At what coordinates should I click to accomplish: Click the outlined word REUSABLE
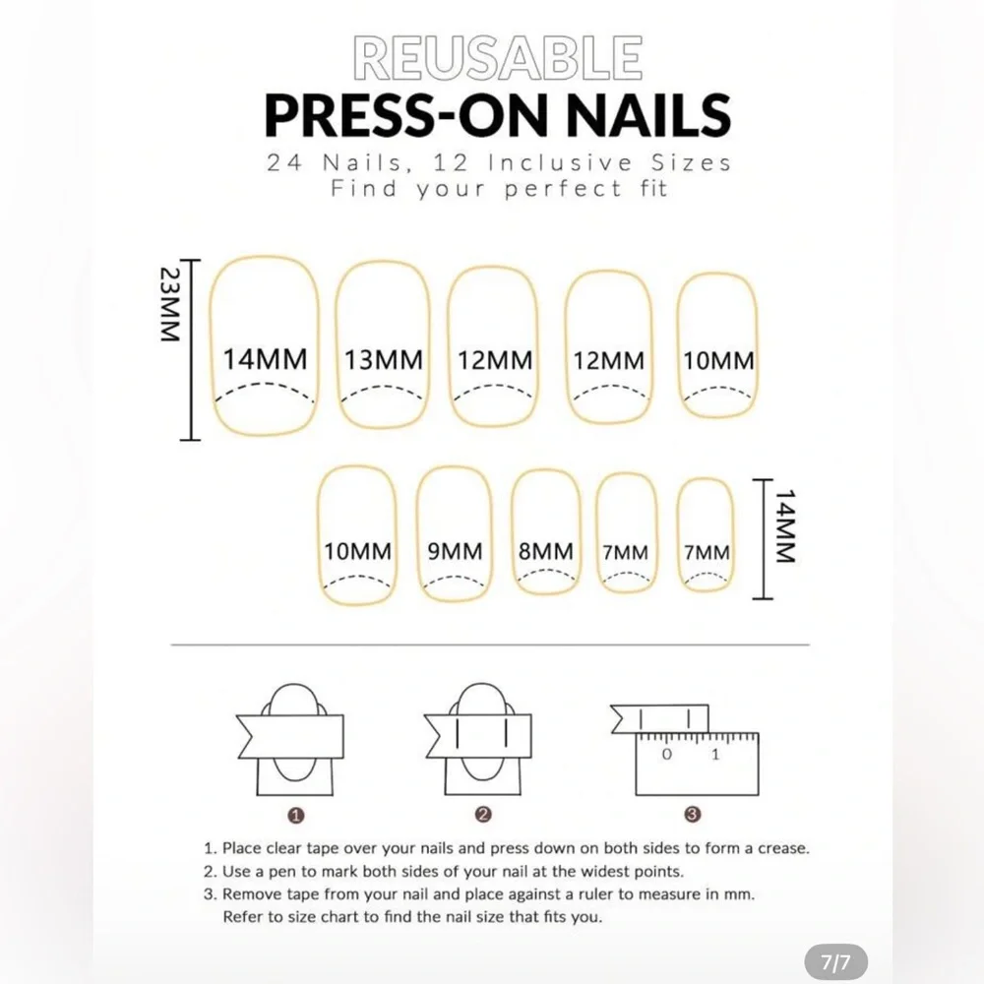pyautogui.click(x=497, y=58)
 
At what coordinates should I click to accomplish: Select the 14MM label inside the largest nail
pyautogui.click(x=265, y=359)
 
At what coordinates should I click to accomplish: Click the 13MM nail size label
pyautogui.click(x=384, y=360)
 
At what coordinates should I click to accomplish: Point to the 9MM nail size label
pyautogui.click(x=455, y=551)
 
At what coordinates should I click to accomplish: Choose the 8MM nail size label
pyautogui.click(x=545, y=551)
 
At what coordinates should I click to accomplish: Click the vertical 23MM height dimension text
pyautogui.click(x=170, y=304)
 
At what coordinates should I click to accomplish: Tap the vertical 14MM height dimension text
pyautogui.click(x=785, y=525)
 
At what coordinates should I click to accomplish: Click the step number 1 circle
pyautogui.click(x=295, y=816)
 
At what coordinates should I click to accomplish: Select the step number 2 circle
pyautogui.click(x=482, y=815)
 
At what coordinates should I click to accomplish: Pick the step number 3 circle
pyautogui.click(x=692, y=815)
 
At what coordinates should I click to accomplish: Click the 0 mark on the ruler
pyautogui.click(x=666, y=755)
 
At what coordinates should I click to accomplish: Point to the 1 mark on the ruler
pyautogui.click(x=715, y=755)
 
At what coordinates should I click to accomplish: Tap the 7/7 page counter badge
pyautogui.click(x=835, y=962)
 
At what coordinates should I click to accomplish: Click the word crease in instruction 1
pyautogui.click(x=783, y=848)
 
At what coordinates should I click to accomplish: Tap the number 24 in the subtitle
pyautogui.click(x=285, y=163)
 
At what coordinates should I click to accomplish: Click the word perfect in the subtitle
pyautogui.click(x=563, y=189)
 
